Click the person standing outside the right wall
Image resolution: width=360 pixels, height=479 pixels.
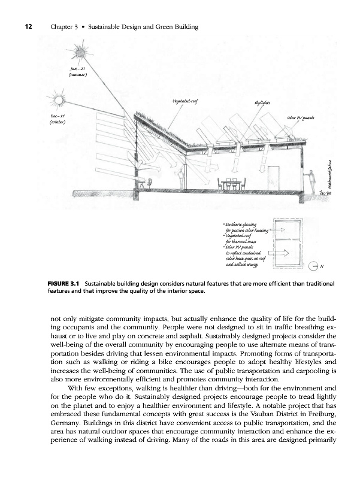[310, 179]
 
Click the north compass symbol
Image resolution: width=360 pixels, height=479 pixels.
[316, 266]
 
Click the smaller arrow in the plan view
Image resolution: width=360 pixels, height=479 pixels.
[276, 229]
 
